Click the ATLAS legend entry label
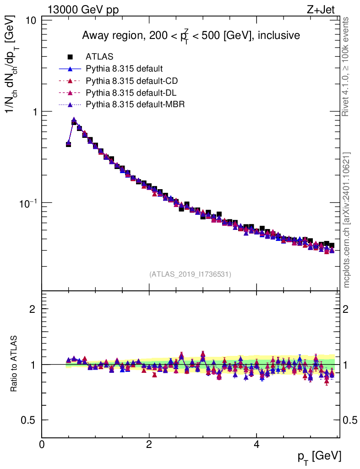tap(99, 57)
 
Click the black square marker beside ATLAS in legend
tap(71, 57)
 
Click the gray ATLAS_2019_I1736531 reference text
tap(190, 274)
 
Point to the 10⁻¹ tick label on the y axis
tap(28, 202)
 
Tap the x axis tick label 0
tap(42, 445)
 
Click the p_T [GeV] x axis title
tap(319, 457)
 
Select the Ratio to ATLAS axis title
tap(14, 364)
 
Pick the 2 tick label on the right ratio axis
tap(346, 309)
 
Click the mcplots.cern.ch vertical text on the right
tap(346, 220)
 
